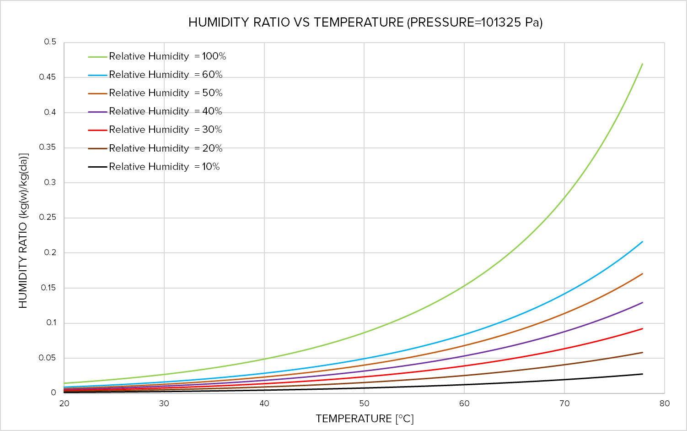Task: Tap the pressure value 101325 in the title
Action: (x=500, y=22)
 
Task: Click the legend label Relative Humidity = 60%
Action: (x=165, y=75)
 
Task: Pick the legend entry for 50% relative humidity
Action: (x=165, y=93)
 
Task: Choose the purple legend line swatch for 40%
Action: (x=97, y=112)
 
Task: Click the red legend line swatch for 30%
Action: (x=97, y=130)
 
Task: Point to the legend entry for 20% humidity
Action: (x=165, y=148)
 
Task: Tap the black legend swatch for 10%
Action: (x=97, y=167)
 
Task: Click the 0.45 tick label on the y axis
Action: (x=48, y=77)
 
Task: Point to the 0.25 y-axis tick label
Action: (x=48, y=217)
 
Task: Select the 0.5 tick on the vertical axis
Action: (x=50, y=42)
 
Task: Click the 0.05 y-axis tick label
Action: (x=48, y=358)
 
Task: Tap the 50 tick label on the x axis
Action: (x=364, y=404)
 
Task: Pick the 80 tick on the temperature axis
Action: (x=664, y=404)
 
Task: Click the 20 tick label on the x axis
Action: (x=64, y=404)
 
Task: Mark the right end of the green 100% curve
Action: (x=642, y=64)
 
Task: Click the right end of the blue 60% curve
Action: (x=642, y=242)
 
